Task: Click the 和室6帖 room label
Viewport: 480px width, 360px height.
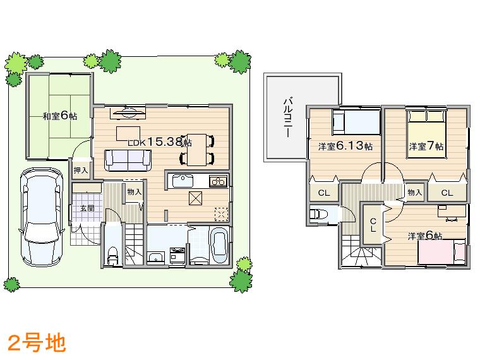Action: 59,116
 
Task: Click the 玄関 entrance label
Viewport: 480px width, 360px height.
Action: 87,208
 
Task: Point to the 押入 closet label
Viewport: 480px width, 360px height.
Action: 80,171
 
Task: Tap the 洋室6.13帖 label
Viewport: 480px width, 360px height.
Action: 344,146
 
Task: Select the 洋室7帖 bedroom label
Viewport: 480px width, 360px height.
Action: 426,146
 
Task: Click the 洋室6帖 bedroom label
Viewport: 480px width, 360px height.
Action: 424,236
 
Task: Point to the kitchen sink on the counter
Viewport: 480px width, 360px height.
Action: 183,181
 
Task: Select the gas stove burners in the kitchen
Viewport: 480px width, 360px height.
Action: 218,181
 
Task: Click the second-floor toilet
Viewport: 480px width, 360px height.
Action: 318,214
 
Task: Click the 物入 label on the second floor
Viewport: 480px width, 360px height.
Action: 414,192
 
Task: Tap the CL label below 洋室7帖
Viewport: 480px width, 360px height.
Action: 447,193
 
